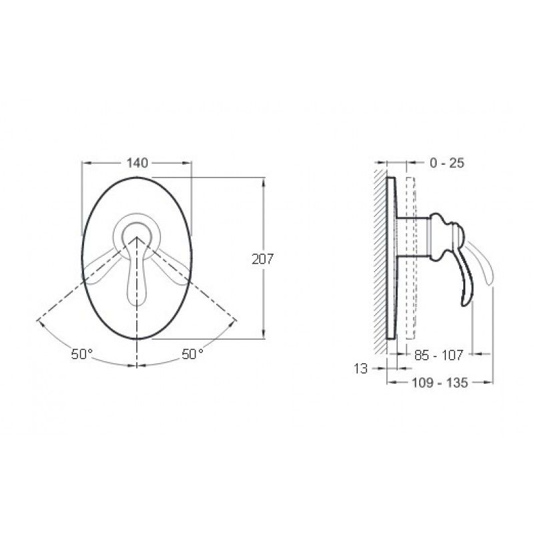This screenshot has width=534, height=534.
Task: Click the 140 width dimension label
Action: pyautogui.click(x=138, y=163)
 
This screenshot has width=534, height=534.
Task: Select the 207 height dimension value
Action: pyautogui.click(x=262, y=259)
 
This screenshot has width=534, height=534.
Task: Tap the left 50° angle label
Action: pyautogui.click(x=81, y=354)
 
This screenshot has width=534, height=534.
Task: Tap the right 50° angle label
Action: pyautogui.click(x=192, y=354)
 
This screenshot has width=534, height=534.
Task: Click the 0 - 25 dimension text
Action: pyautogui.click(x=447, y=163)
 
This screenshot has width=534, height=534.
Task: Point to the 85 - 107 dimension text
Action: pyautogui.click(x=439, y=356)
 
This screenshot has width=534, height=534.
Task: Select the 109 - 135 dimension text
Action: pyautogui.click(x=440, y=382)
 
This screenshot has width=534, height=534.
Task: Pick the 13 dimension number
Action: pyautogui.click(x=360, y=368)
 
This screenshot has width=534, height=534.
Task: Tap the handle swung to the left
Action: pyautogui.click(x=101, y=268)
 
